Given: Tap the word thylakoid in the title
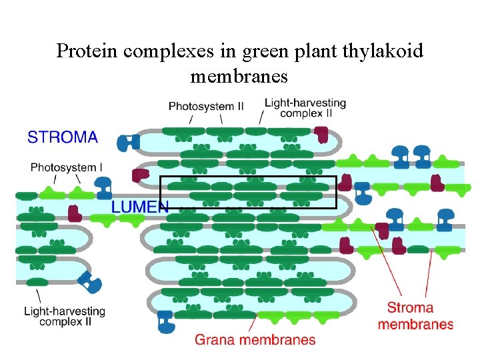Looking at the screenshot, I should pyautogui.click(x=383, y=51).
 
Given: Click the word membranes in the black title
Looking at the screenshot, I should pyautogui.click(x=239, y=77).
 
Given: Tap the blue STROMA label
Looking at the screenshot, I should pyautogui.click(x=63, y=138).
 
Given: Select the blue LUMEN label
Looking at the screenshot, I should pyautogui.click(x=139, y=207).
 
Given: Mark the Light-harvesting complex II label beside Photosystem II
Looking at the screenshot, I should pyautogui.click(x=305, y=108).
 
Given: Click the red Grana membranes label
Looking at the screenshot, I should pyautogui.click(x=255, y=340).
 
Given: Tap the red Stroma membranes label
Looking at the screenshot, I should pyautogui.click(x=415, y=316).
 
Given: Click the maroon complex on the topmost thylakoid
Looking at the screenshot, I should pyautogui.click(x=322, y=134).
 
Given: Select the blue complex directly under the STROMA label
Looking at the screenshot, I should pyautogui.click(x=127, y=141).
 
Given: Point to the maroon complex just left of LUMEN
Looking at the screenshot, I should pyautogui.click(x=75, y=213).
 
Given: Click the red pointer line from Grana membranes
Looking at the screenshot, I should pyautogui.click(x=251, y=325).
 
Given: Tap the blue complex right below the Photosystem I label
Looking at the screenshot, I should pyautogui.click(x=104, y=189).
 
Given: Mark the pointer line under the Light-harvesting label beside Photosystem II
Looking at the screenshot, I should pyautogui.click(x=262, y=118).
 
